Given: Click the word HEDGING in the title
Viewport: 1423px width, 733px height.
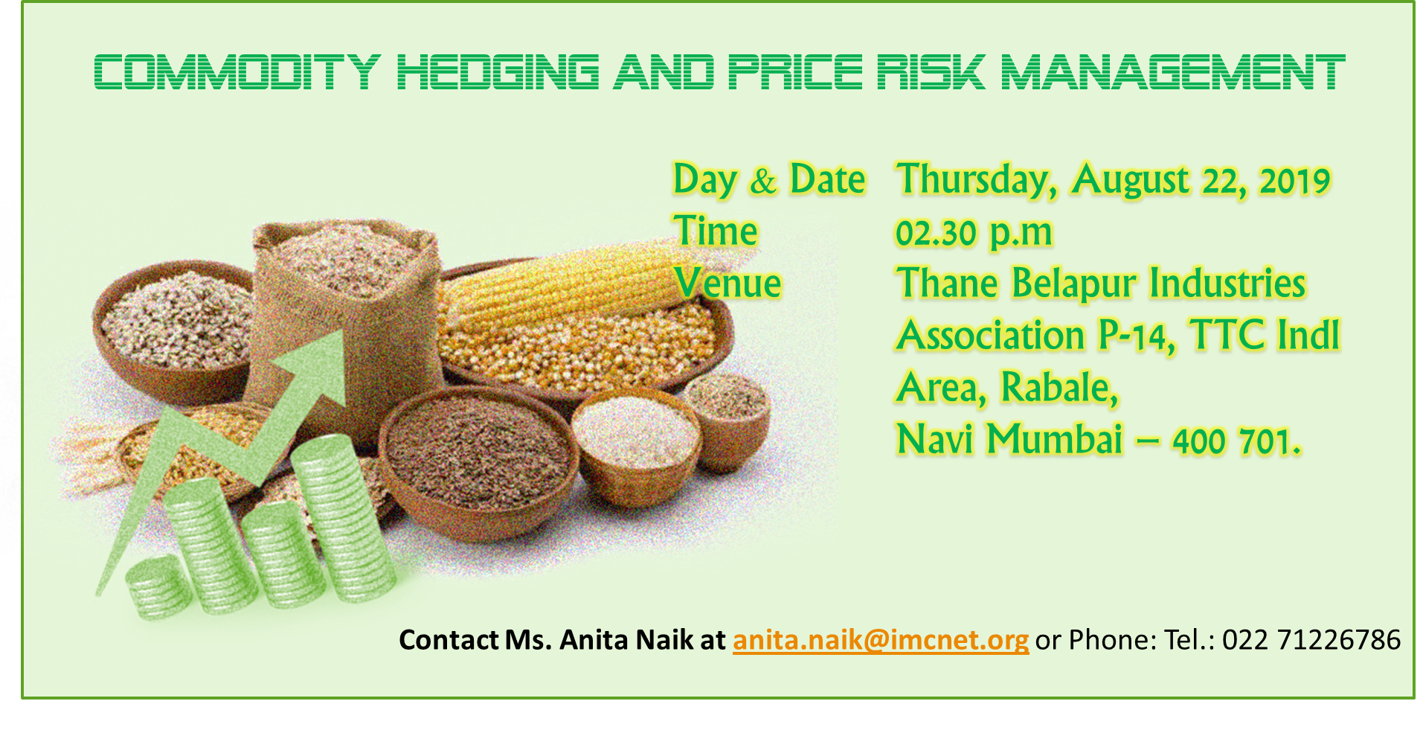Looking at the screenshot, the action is coord(498,72).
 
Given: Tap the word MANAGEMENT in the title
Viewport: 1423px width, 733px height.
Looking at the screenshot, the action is coord(1173,72).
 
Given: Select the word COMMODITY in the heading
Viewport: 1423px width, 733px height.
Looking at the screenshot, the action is coord(237,72).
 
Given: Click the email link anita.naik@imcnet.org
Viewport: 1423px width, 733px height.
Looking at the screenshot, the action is coord(881,640).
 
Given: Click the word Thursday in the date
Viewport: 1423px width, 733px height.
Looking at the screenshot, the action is coord(977,181).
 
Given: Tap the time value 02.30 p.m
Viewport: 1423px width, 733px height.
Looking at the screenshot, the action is coord(974,233).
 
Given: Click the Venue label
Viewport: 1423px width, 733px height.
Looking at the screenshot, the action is coord(727,284).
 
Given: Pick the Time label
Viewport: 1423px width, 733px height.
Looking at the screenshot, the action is coord(716,231).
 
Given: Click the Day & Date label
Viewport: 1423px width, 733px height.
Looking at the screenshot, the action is coord(769,180).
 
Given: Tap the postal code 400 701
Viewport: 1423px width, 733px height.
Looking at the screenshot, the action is coord(1236,441).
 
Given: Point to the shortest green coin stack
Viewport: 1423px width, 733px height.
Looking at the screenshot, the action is coord(158,588).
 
